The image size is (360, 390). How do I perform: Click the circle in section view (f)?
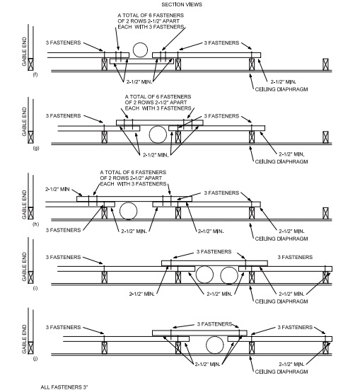141,50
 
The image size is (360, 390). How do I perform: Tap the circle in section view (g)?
158,133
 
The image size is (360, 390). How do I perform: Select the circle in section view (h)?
128,210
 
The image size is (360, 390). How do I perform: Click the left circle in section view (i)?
205,275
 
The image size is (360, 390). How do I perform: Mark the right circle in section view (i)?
228,275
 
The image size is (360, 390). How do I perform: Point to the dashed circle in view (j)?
215,345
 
